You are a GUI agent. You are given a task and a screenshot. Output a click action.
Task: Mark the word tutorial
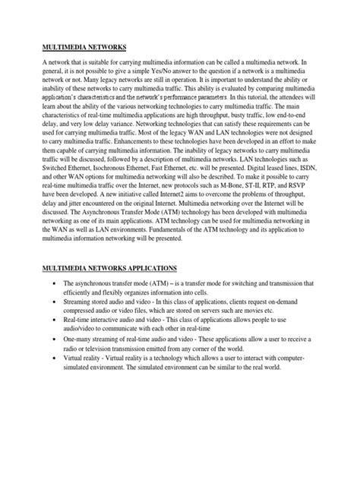click(x=251, y=97)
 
